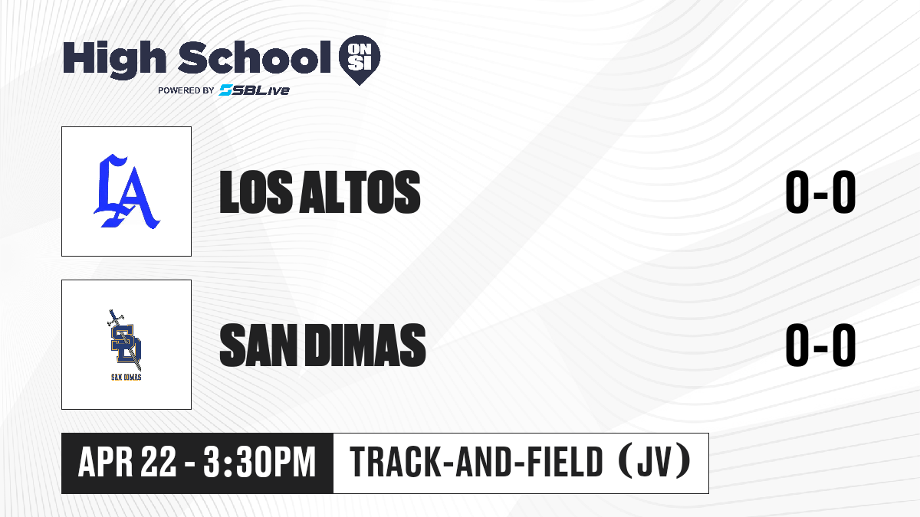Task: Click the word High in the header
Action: (114, 60)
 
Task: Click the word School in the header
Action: (255, 57)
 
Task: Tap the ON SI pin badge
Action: (360, 60)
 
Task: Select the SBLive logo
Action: (255, 90)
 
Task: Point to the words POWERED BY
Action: (186, 90)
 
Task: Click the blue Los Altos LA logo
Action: (127, 191)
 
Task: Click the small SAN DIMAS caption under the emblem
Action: (127, 377)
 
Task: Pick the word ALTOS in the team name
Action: (360, 192)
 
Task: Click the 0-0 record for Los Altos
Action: (820, 192)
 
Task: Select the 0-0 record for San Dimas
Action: (820, 345)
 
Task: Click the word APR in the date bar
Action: (106, 462)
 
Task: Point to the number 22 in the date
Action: (159, 462)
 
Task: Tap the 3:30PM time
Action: (260, 462)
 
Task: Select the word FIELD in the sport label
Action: (565, 462)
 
